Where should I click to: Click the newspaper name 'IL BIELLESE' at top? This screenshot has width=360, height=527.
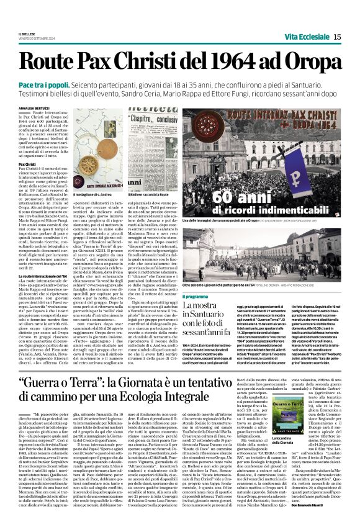click(28, 34)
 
